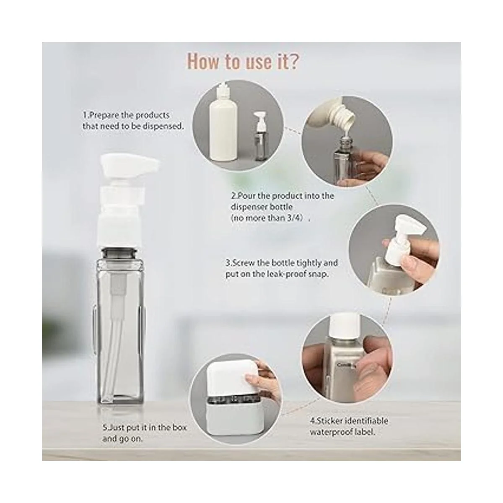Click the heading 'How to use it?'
tap(243, 62)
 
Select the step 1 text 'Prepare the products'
tap(126, 115)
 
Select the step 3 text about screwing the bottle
tap(282, 268)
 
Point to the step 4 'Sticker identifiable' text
tap(349, 421)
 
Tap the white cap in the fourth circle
tap(344, 325)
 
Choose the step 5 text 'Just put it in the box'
tap(145, 428)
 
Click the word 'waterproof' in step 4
tap(334, 432)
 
